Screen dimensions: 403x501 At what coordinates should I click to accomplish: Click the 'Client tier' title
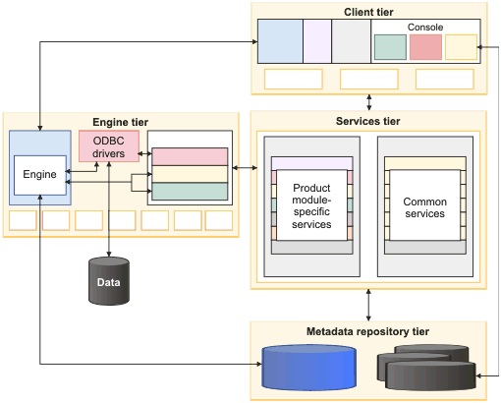coord(368,12)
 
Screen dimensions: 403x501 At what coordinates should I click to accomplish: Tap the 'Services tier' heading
coord(368,121)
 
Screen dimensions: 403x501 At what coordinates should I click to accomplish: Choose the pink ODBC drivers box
coord(108,146)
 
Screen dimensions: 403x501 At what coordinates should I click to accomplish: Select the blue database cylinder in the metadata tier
coord(309,368)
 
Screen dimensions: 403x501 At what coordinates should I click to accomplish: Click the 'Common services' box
coord(425,207)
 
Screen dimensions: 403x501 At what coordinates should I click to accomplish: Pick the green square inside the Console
coord(390,46)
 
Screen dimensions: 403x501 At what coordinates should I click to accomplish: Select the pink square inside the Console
coord(425,46)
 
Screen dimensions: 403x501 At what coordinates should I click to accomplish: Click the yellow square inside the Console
coord(461,46)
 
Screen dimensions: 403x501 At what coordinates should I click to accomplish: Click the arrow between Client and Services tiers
coord(368,101)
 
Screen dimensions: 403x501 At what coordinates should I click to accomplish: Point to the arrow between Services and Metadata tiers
coord(368,305)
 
